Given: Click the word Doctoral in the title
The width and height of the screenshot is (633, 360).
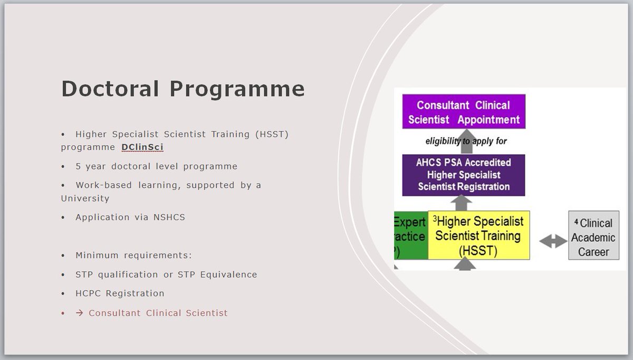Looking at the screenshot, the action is coord(110,89).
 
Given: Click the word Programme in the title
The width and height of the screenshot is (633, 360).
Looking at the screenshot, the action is coord(237,90).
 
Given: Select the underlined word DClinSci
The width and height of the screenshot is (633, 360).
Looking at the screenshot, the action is coord(142,147).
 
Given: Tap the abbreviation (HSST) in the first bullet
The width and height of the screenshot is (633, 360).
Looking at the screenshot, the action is coord(272,134).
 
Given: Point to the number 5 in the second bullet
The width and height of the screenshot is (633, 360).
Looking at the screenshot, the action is coord(78,166).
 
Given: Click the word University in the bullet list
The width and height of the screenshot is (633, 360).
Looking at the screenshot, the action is coord(85,198).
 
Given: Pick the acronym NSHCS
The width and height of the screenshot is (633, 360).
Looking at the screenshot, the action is coord(169,217).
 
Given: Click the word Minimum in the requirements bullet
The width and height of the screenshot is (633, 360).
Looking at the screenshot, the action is coord(97,255).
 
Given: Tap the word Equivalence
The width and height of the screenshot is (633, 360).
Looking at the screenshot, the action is coord(228,274).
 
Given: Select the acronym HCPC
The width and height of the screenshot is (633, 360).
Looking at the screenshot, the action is coord(88,293).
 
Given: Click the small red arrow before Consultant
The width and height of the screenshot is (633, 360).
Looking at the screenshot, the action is coord(80,313).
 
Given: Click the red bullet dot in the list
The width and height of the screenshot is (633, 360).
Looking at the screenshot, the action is coord(63,313).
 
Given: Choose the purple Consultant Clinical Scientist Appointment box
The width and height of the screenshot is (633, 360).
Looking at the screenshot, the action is coord(464,112).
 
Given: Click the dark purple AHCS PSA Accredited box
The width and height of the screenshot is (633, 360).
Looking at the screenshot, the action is coord(464,175).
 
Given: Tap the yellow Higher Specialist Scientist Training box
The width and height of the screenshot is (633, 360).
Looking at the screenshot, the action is coord(479,235).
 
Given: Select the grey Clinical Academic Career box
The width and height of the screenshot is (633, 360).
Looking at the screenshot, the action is coord(594,235).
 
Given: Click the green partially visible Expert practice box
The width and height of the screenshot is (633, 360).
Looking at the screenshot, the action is coord(411,235).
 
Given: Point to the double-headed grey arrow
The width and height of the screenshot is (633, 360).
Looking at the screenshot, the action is coord(553,241).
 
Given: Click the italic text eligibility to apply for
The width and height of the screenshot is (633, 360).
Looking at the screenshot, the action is coord(466,141).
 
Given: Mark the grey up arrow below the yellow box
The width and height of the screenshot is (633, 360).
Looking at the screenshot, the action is coord(465,264).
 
